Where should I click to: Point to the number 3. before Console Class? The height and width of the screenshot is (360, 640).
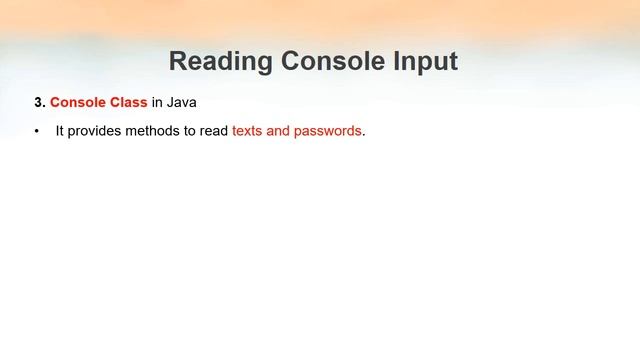[40, 102]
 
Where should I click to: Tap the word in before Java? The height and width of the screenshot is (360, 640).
[157, 102]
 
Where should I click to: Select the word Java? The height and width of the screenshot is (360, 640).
[182, 102]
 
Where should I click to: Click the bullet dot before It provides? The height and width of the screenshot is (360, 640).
[37, 132]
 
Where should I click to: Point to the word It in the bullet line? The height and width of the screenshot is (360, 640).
[60, 131]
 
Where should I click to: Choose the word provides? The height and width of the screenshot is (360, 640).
[97, 131]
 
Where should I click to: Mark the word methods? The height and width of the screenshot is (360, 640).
[154, 131]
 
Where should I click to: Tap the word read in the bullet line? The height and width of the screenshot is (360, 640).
[214, 131]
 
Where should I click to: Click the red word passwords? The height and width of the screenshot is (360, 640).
[327, 131]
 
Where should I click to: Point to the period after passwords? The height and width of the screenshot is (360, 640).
[364, 134]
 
